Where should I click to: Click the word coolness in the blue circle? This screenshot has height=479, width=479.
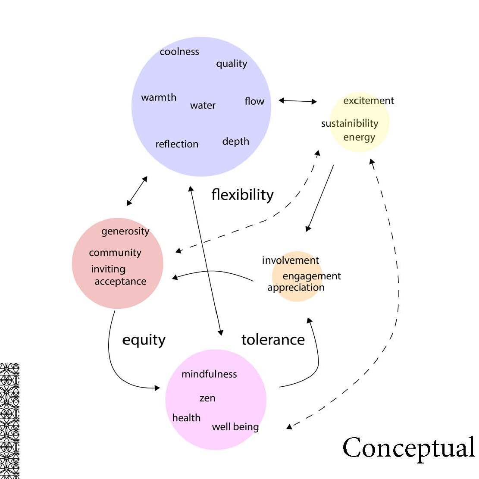(x=179, y=52)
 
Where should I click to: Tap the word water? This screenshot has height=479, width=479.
(x=203, y=106)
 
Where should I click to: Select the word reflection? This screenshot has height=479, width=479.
(x=177, y=144)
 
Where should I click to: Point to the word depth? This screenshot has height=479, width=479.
(x=235, y=141)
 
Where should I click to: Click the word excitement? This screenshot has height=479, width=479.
(x=369, y=101)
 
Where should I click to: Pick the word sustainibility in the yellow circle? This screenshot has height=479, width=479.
(x=350, y=124)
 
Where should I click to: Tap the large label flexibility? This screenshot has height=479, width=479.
(x=242, y=195)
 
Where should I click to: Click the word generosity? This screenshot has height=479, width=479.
(x=125, y=232)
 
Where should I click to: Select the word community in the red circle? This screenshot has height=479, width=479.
(x=115, y=253)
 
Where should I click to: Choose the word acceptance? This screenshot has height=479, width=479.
(x=120, y=282)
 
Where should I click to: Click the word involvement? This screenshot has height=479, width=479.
(x=291, y=260)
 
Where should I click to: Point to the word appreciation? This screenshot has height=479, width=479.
(x=296, y=288)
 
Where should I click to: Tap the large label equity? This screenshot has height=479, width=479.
(x=144, y=340)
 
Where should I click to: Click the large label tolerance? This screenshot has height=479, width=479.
(x=273, y=340)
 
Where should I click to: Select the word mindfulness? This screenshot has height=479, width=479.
(x=209, y=374)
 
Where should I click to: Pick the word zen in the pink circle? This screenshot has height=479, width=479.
(x=207, y=398)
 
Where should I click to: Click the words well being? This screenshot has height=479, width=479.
(x=235, y=427)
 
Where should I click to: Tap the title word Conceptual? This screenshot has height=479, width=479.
(x=408, y=448)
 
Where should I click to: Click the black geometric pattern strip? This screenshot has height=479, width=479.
(x=9, y=421)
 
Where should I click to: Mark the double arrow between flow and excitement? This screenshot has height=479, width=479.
(x=297, y=101)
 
